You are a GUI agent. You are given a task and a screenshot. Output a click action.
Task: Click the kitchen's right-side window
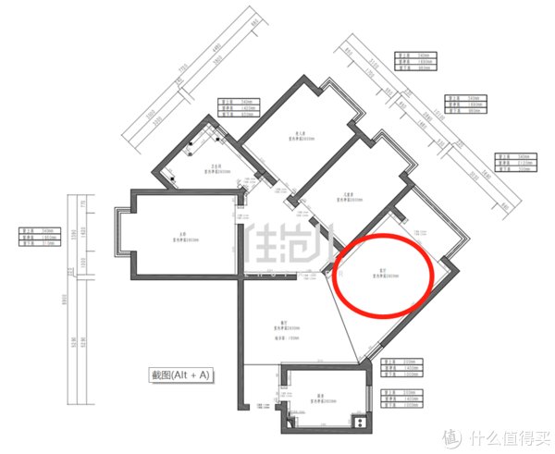[x=371, y=399]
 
